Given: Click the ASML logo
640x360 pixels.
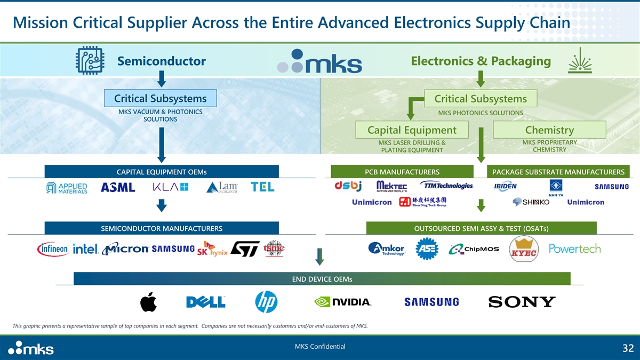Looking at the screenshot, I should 118,187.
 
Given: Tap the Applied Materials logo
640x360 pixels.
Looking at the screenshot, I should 67,188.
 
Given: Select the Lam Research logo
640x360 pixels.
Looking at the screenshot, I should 222,187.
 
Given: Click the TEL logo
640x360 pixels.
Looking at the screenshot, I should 262,187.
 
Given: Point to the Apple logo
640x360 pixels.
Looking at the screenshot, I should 147,302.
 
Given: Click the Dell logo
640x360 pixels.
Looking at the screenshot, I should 205,302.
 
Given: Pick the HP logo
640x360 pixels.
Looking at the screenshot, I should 267,301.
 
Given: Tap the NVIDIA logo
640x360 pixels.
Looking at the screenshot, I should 342,302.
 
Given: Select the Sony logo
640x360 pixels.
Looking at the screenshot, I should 522,302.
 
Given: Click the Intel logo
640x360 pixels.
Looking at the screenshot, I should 85,249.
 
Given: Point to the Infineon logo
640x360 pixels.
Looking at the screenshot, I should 53,249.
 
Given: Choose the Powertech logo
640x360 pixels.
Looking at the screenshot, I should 574,249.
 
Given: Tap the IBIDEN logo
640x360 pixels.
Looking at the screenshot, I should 505,186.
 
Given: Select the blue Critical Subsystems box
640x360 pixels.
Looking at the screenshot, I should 161,98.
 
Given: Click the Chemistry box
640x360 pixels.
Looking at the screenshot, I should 549,130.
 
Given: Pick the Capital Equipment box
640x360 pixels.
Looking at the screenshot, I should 412,130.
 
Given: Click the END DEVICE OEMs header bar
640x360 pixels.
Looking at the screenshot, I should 322,279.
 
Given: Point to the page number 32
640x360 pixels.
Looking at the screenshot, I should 627,349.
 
